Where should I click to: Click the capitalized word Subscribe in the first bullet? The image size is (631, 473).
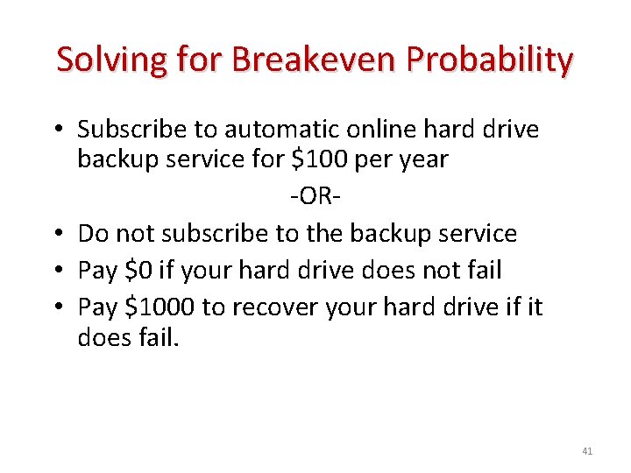132,130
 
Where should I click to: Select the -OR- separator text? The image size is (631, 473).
315,196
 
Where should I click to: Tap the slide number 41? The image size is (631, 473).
586,451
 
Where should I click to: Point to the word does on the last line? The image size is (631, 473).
107,337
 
